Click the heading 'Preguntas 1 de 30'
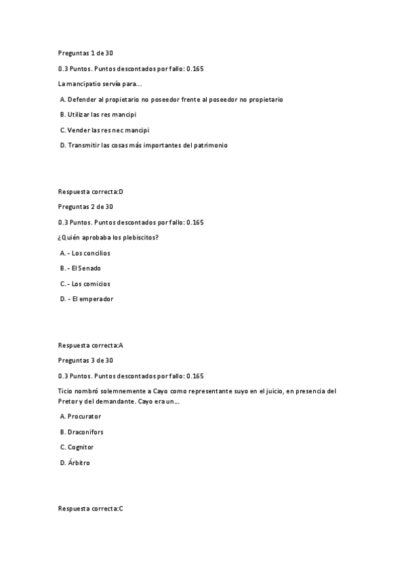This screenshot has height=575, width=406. coord(85,53)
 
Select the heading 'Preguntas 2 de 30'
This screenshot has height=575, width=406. coord(85,207)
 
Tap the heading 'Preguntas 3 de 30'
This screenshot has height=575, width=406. coord(85,360)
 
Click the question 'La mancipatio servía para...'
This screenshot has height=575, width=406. coord(100,84)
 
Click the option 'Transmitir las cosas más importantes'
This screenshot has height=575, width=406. coord(144,145)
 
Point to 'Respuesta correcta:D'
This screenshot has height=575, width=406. coord(91,192)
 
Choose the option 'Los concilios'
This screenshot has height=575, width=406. coord(85,253)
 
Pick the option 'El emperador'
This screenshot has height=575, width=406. coord(87,299)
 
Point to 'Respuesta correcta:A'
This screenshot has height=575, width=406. coord(91,345)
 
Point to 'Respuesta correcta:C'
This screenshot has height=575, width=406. coord(91,509)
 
